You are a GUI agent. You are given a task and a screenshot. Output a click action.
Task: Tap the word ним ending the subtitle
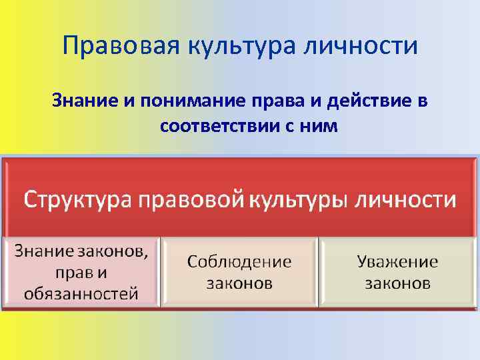point(323,125)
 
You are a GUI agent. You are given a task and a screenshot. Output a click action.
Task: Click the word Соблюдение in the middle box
point(239,261)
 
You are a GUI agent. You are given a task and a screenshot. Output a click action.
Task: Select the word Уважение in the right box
point(397,261)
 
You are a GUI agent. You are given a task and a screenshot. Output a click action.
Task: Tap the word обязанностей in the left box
point(81,293)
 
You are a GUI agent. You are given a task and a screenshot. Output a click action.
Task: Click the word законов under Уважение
point(397,283)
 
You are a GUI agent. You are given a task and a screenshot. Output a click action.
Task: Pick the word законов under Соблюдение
point(239,283)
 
